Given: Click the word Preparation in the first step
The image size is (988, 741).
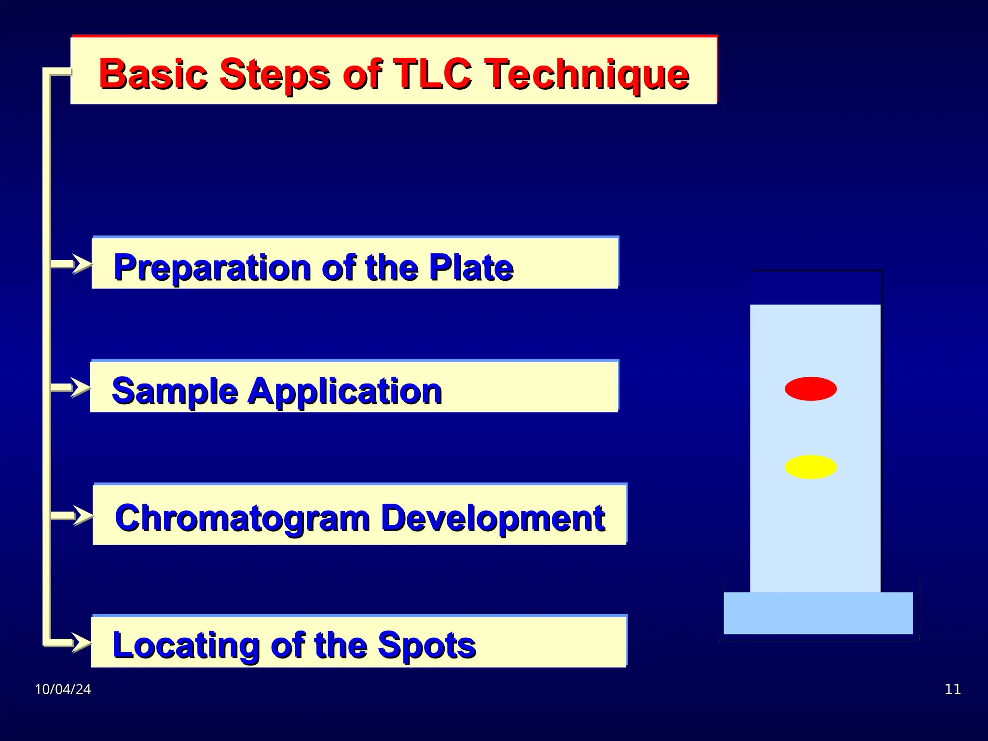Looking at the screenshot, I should tap(212, 268).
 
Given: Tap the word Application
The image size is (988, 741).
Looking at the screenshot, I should tap(344, 392).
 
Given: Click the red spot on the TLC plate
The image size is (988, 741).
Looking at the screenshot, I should tap(810, 389).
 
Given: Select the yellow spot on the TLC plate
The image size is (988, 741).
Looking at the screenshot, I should tap(810, 467).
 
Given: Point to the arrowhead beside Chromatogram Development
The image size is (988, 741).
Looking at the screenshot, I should tap(83, 516).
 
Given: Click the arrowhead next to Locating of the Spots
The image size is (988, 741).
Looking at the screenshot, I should tap(81, 643).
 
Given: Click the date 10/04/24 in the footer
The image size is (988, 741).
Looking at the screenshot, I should tap(63, 689).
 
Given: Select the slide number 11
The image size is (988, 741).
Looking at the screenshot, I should tap(952, 689).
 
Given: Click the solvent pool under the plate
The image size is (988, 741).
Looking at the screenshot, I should tap(818, 613).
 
